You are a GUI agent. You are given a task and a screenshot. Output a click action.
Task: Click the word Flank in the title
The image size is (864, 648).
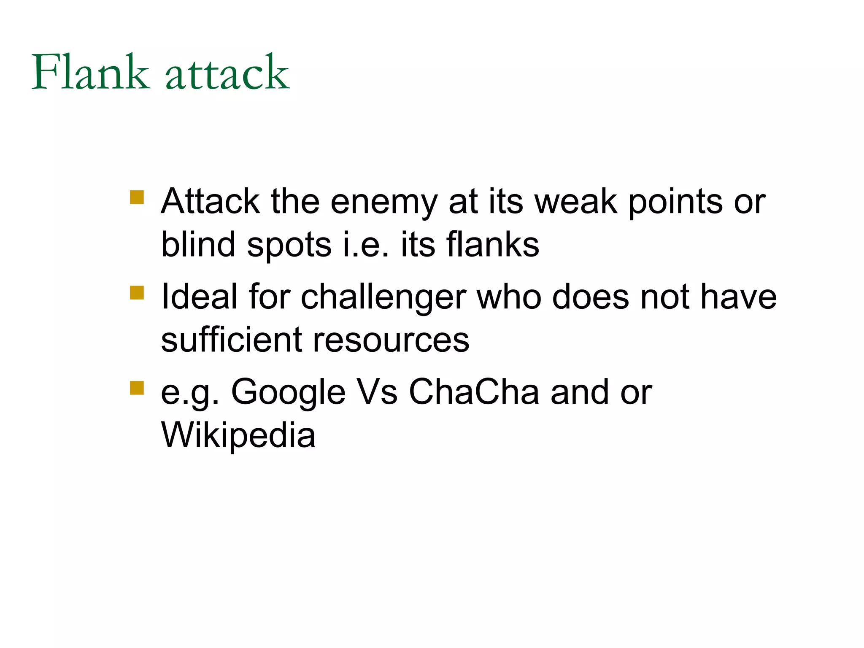click(90, 73)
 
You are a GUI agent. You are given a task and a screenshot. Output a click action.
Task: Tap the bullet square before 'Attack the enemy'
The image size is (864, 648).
click(137, 197)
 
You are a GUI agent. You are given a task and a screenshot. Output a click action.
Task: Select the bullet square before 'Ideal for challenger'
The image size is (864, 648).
click(137, 292)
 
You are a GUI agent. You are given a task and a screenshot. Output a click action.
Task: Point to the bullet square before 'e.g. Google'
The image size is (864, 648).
click(137, 388)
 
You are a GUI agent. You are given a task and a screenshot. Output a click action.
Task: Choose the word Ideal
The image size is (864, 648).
click(199, 297)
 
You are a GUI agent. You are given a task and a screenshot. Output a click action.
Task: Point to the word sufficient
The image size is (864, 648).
click(232, 340)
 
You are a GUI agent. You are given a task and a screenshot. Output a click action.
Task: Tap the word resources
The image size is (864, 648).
click(391, 341)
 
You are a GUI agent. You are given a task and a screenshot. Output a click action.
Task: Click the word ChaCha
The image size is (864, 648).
click(474, 392)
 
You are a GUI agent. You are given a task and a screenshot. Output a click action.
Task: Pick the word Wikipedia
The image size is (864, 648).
click(238, 436)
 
